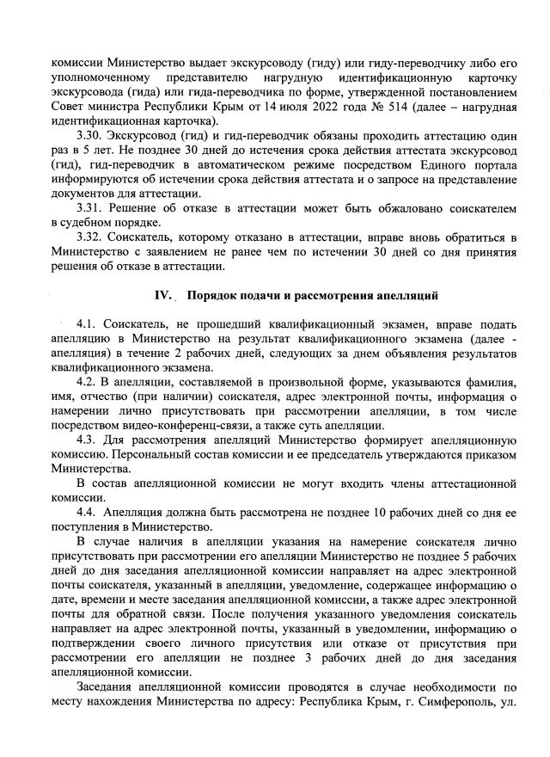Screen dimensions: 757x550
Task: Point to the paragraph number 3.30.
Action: tap(89, 138)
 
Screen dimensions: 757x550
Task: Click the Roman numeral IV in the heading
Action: tap(163, 297)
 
